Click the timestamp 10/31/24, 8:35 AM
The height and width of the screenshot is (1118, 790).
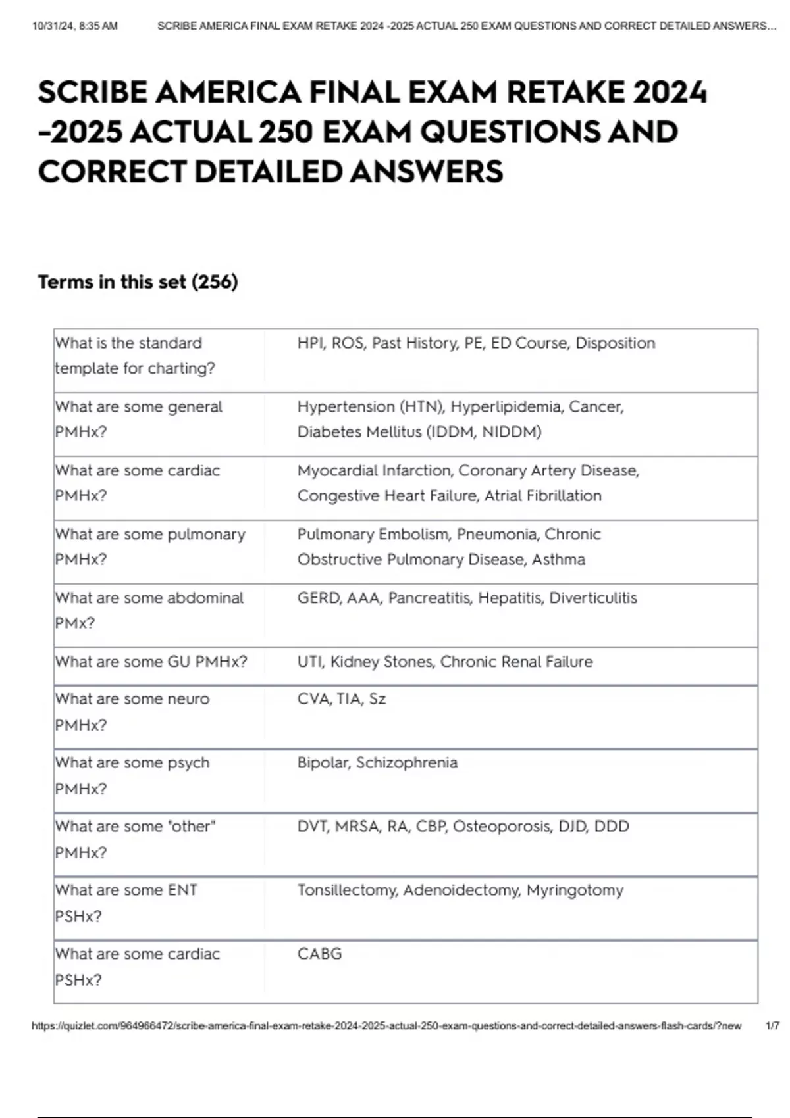(x=74, y=26)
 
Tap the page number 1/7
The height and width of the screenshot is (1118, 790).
(x=772, y=1026)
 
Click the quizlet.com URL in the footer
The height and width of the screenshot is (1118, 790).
(x=386, y=1026)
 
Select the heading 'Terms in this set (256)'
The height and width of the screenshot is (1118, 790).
(x=138, y=282)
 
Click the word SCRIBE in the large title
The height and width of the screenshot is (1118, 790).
(x=92, y=92)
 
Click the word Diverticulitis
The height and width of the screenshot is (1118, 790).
(x=592, y=598)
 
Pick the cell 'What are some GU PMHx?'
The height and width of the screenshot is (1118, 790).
(x=151, y=662)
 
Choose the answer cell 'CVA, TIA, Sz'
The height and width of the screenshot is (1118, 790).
(x=341, y=699)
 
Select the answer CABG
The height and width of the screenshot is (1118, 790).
(x=319, y=954)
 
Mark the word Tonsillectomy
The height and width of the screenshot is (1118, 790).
(x=347, y=890)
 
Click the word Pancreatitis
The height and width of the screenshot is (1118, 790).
(x=429, y=598)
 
